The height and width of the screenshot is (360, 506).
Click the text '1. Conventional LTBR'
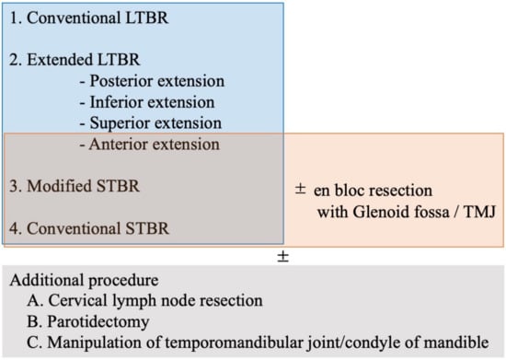[88, 17]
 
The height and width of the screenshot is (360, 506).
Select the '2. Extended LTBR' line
[75, 60]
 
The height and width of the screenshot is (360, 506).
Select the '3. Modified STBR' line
[75, 186]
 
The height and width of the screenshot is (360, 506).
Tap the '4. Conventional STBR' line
[89, 228]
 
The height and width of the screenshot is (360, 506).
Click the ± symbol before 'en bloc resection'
[301, 189]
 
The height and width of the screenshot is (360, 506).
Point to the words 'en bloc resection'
[373, 191]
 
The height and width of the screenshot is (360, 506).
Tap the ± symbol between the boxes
[283, 257]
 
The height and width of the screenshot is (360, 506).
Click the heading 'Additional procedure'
[85, 280]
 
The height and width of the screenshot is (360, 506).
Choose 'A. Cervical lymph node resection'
[144, 300]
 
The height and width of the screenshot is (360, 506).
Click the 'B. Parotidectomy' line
[88, 321]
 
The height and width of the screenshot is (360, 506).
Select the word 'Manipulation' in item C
[94, 343]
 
